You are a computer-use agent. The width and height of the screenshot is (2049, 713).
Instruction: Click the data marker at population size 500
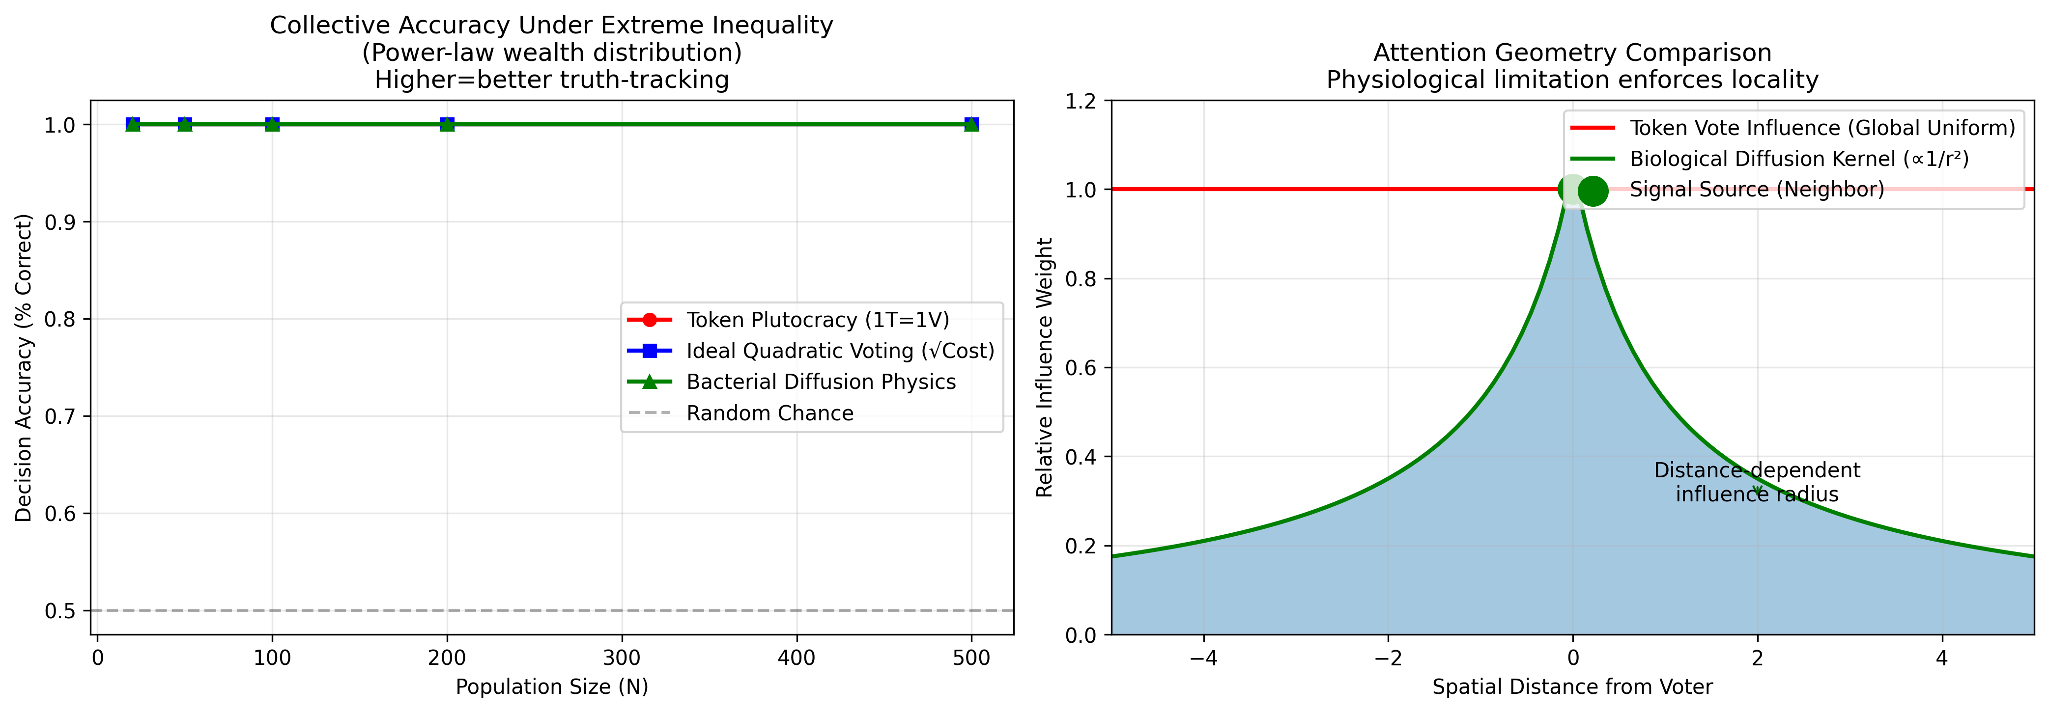point(971,124)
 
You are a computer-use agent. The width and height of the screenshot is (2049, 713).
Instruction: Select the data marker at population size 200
point(447,124)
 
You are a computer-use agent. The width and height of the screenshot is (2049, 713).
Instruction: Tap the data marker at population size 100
point(272,124)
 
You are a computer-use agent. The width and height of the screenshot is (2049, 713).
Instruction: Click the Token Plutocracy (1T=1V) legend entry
point(817,320)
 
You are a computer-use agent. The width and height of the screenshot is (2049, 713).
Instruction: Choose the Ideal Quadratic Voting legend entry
point(840,351)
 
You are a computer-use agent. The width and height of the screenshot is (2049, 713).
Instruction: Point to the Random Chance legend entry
point(769,413)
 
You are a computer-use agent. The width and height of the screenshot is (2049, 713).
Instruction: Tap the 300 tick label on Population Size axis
point(621,658)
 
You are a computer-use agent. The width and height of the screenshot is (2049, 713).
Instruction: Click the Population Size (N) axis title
point(552,687)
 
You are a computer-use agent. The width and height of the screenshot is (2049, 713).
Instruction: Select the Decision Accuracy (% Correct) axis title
point(24,367)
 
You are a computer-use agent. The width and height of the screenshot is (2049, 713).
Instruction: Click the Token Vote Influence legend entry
point(1821,128)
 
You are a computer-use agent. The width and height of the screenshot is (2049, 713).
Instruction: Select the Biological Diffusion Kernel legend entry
point(1798,159)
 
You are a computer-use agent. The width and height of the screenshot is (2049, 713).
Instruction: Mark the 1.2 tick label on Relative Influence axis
point(1081,101)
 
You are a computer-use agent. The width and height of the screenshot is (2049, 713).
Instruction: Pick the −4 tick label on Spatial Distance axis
point(1203,658)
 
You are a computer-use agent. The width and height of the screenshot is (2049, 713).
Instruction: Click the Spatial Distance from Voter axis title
point(1572,687)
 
